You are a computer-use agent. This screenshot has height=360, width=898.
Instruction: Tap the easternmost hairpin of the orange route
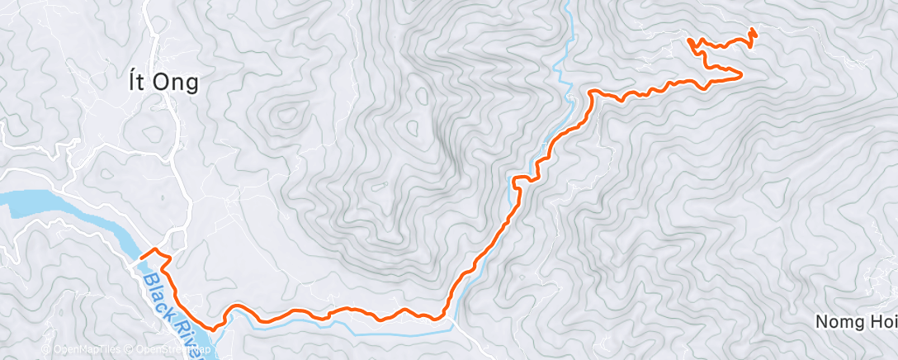[x=740, y=76]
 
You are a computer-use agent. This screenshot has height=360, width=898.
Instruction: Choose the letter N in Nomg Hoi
[x=822, y=321]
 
